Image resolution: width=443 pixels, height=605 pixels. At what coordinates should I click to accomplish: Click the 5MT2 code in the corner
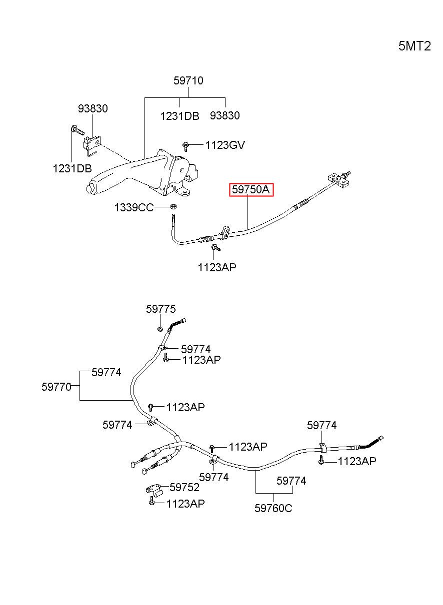point(414,46)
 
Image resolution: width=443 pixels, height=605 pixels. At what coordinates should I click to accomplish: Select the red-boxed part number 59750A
point(251,190)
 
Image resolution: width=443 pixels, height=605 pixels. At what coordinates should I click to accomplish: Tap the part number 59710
point(188,80)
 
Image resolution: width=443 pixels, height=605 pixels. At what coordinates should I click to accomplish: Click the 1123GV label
point(225,145)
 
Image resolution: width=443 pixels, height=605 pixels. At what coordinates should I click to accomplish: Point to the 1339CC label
point(134,207)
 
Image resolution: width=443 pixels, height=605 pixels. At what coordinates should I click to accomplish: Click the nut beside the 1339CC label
point(173,207)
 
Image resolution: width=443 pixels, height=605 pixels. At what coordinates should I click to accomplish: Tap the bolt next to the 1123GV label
point(185,146)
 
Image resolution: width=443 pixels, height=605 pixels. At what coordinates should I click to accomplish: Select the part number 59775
point(161,309)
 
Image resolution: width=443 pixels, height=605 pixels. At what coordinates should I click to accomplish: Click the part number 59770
point(56,387)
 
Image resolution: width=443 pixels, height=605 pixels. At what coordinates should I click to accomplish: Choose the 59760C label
point(273,508)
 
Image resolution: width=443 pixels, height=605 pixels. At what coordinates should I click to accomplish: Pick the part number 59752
point(184,487)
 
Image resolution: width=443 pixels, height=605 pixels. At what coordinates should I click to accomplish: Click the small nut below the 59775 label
point(159,329)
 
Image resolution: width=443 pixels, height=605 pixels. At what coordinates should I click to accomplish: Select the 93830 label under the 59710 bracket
point(225,115)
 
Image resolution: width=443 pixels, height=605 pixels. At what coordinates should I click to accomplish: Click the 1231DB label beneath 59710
point(179,116)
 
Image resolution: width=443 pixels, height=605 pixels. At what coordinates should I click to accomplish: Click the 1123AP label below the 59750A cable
point(217,267)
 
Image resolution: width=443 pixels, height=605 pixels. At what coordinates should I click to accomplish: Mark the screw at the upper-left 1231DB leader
point(77,130)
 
